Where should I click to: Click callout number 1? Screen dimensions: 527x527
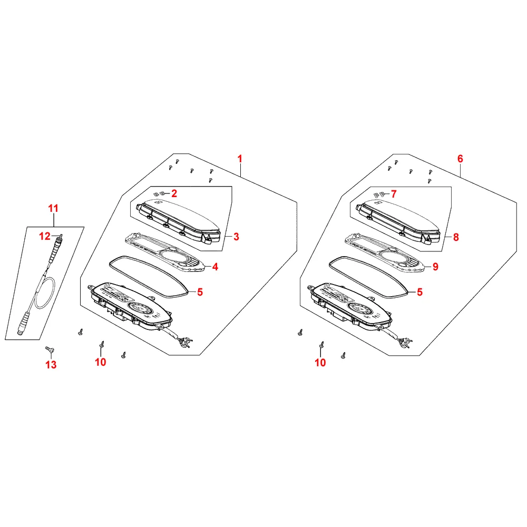tap(240, 159)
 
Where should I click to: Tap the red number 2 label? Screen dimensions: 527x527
tap(174, 193)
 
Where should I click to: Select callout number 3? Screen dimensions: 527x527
tap(236, 237)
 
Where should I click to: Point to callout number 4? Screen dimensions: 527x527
tap(215, 267)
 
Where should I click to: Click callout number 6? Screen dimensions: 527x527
tap(460, 159)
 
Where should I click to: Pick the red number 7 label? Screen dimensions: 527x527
tap(394, 194)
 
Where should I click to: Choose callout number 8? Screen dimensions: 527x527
tap(456, 237)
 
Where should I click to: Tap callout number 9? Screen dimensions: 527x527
tap(435, 267)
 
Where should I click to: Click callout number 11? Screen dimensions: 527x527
tap(53, 208)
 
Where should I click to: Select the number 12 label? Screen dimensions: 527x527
tap(45, 236)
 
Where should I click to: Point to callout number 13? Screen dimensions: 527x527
tap(51, 365)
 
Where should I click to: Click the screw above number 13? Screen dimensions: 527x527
tap(50, 350)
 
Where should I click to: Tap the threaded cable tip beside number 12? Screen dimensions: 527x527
tap(60, 239)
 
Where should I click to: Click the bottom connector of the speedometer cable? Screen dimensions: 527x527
tap(23, 324)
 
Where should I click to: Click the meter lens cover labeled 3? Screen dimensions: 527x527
tap(179, 221)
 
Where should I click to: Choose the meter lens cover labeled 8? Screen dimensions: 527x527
tap(398, 221)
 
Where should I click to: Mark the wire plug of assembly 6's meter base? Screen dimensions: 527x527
tap(405, 343)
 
